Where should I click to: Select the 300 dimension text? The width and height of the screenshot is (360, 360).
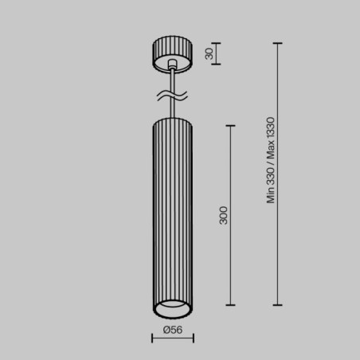click(224, 215)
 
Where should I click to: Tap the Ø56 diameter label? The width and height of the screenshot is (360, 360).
click(171, 329)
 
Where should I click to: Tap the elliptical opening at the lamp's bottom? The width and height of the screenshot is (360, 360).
click(173, 307)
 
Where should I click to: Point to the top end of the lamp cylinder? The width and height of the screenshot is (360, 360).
click(173, 121)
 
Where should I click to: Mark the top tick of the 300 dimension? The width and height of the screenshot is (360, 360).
click(231, 125)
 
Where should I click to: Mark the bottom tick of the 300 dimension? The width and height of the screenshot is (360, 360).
click(231, 305)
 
